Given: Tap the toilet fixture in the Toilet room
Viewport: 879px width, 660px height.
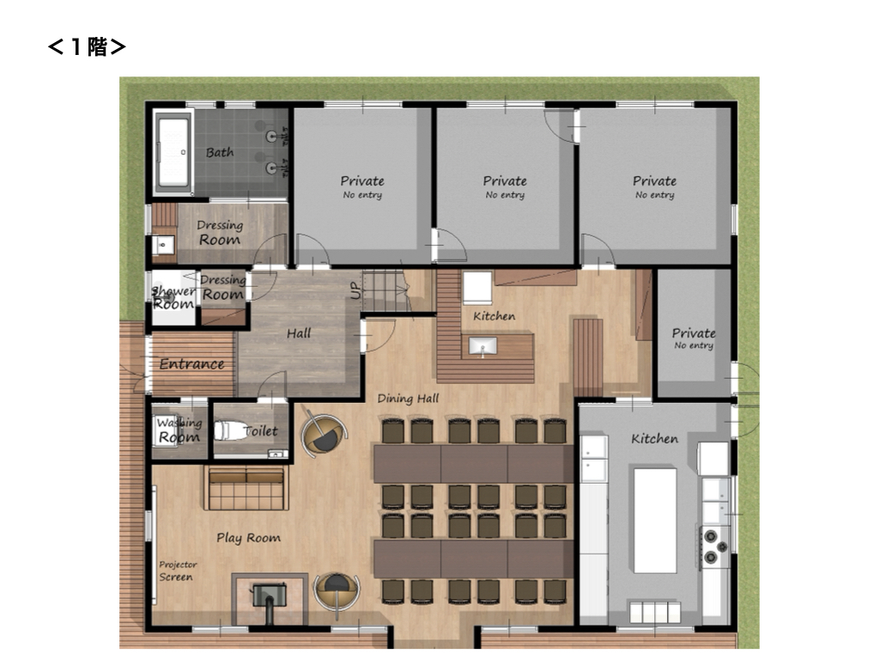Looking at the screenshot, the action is coord(229,431).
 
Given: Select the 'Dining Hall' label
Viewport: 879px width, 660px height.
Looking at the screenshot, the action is coord(408,399).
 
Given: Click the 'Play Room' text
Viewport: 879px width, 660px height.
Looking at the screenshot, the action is coord(248,538).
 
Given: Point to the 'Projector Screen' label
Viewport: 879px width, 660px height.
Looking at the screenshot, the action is coord(177,571).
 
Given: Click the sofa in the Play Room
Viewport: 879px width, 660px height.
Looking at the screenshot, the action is coord(246,488).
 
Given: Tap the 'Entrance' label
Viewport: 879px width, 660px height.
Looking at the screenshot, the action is coord(191,364).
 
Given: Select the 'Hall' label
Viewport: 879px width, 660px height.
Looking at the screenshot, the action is coord(299,333).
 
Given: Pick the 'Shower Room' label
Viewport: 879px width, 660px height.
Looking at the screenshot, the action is coord(173,298).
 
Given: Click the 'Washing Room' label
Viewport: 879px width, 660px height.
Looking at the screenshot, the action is coord(179,431).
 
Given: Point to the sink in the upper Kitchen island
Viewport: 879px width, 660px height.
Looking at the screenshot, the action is coord(482,347).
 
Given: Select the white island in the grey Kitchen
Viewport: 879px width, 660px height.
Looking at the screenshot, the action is coord(655,520).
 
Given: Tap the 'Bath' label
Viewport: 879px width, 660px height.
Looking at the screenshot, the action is coord(220,152).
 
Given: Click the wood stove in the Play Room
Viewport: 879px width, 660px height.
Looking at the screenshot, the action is coord(270,598).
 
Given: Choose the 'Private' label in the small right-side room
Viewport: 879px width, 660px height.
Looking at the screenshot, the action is coord(694,333).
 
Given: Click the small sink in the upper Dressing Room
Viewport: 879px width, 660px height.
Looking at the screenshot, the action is coord(163,245).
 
